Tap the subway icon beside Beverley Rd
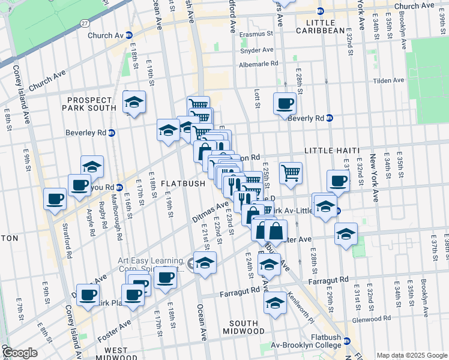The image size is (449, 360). [112, 133]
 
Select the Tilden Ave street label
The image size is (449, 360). [389, 80]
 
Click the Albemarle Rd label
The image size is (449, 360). [259, 64]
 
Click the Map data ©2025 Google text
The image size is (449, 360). [411, 355]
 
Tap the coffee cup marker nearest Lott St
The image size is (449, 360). [285, 103]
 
